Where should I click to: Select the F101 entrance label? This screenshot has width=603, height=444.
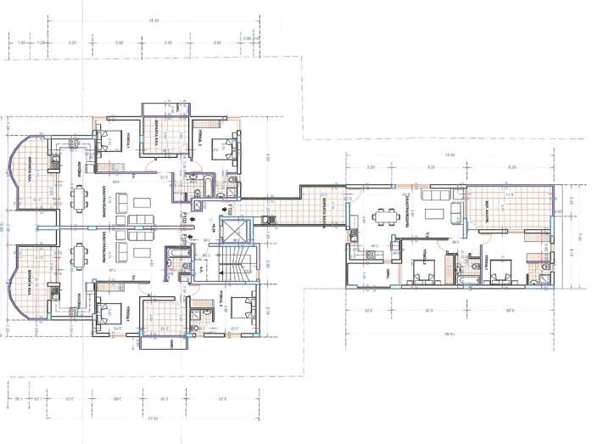pos(183,239)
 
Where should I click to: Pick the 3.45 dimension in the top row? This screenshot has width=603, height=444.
pos(169,42)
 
